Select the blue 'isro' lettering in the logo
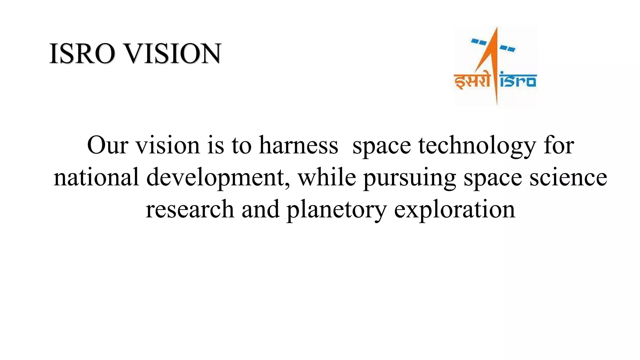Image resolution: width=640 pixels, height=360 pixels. tap(518, 80)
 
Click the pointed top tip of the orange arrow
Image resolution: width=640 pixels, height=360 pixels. tap(496, 29)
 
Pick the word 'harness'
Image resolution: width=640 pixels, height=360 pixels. tap(298, 145)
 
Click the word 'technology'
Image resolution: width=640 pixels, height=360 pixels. tap(477, 146)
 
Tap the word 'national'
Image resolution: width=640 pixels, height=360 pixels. tap(96, 177)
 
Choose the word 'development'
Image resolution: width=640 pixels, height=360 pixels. tap(215, 177)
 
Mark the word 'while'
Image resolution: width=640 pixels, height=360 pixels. tap(327, 177)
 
